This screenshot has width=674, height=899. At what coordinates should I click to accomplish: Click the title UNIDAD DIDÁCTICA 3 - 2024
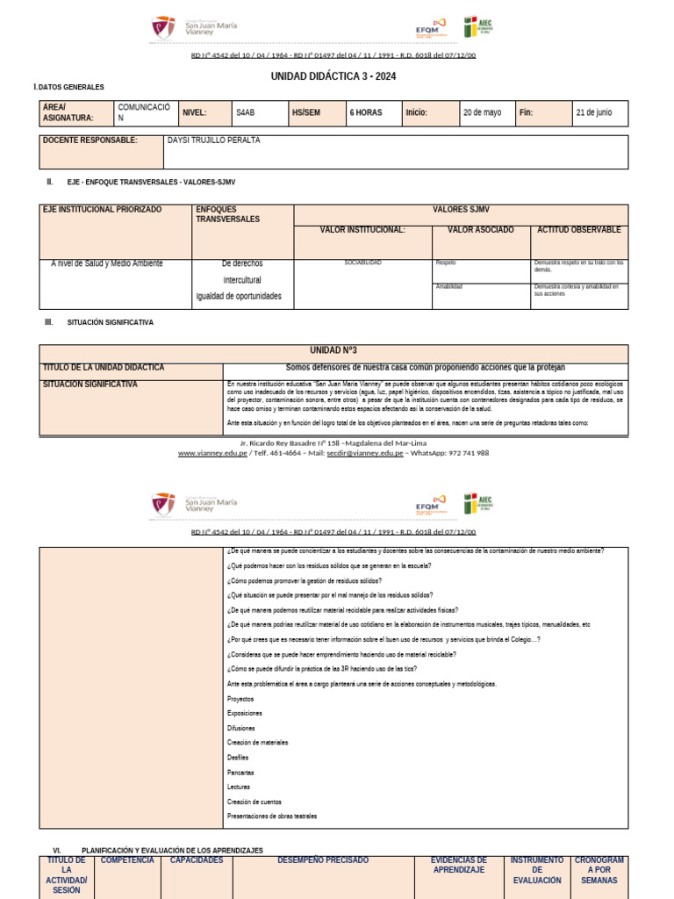click(333, 76)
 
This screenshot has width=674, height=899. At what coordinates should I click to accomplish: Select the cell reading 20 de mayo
click(482, 112)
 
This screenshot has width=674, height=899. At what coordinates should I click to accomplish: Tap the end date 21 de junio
click(593, 112)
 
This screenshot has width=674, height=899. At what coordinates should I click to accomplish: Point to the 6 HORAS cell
click(365, 112)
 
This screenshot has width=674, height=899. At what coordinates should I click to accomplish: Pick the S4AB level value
click(247, 112)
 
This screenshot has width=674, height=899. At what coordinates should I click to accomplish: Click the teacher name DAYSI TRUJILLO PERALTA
click(213, 140)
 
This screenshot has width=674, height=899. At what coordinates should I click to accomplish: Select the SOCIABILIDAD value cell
click(362, 263)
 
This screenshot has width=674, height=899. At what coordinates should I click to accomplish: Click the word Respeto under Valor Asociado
click(446, 263)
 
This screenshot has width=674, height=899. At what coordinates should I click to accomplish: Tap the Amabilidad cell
click(448, 286)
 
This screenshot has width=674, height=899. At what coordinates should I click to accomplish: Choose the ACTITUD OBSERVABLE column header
click(578, 230)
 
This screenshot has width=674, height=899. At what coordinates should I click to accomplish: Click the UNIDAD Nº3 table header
click(333, 349)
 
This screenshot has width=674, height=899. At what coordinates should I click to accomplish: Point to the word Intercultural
click(242, 280)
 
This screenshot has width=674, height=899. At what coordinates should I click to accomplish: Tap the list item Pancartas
click(240, 773)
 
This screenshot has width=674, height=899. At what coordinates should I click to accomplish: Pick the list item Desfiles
click(238, 758)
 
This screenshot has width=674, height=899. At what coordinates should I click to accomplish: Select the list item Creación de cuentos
click(255, 802)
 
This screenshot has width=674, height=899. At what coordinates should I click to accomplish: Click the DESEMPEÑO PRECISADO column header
click(323, 860)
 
